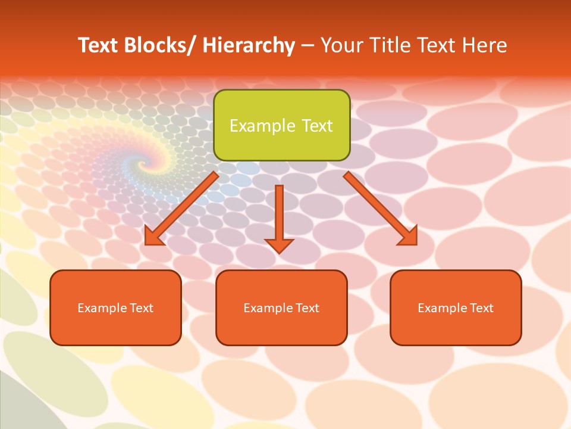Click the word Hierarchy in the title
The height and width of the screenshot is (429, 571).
tap(249, 46)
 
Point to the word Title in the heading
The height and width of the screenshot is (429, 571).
tap(392, 46)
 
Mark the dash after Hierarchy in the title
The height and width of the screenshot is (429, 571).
tap(308, 46)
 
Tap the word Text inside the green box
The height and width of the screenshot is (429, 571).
tap(315, 126)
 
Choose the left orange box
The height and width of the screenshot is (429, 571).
tap(115, 307)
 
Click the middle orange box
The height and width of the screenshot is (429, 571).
tap(281, 307)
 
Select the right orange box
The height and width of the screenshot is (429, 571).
tap(456, 307)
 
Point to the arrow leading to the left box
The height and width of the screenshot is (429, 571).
tap(182, 209)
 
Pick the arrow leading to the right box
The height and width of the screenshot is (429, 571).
tap(380, 209)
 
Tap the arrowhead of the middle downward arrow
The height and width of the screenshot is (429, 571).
tap(280, 245)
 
